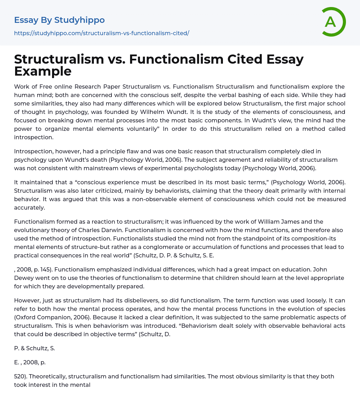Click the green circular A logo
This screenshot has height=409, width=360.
332,22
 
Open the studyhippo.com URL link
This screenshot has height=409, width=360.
102,33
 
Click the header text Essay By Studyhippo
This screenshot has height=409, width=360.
59,20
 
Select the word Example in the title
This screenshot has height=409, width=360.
43,71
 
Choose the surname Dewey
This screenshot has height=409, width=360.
24,278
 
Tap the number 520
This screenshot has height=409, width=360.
20,376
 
